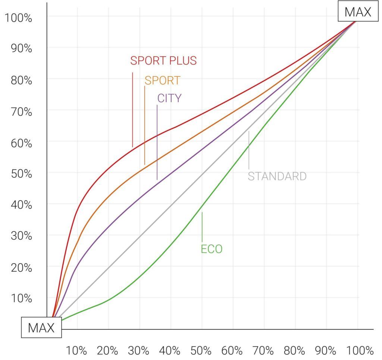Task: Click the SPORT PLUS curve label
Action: (163, 60)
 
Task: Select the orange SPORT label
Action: (162, 80)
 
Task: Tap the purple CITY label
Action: (169, 98)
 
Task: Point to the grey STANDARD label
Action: (277, 176)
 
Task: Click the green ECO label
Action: (212, 249)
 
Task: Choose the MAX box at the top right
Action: (358, 12)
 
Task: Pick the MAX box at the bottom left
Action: (41, 328)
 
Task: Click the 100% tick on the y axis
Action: (18, 18)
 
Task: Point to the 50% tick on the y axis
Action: (18, 173)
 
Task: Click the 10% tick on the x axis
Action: (76, 351)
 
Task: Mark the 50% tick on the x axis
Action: (201, 351)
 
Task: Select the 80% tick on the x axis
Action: (295, 351)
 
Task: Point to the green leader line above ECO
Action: (202, 227)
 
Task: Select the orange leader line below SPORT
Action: (145, 125)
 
